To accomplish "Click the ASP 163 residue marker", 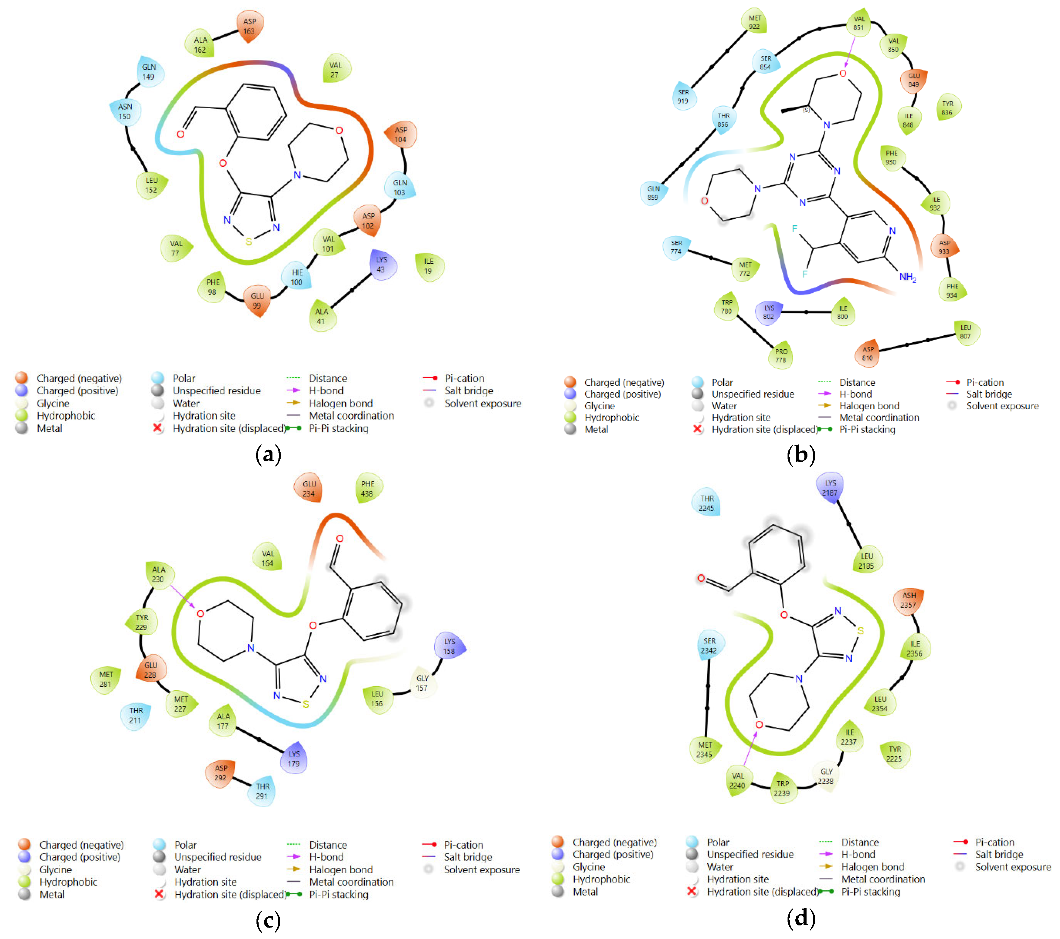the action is (250, 27).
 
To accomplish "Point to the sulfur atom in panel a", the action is (249, 242).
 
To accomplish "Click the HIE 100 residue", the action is (297, 277).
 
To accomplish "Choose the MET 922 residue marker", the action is (755, 22).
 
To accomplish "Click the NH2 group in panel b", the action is (908, 277).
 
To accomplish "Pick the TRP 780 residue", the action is (727, 306).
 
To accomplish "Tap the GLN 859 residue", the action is (654, 193).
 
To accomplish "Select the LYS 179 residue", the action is (294, 758).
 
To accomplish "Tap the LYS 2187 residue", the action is (830, 488).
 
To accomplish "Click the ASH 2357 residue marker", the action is (909, 600).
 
